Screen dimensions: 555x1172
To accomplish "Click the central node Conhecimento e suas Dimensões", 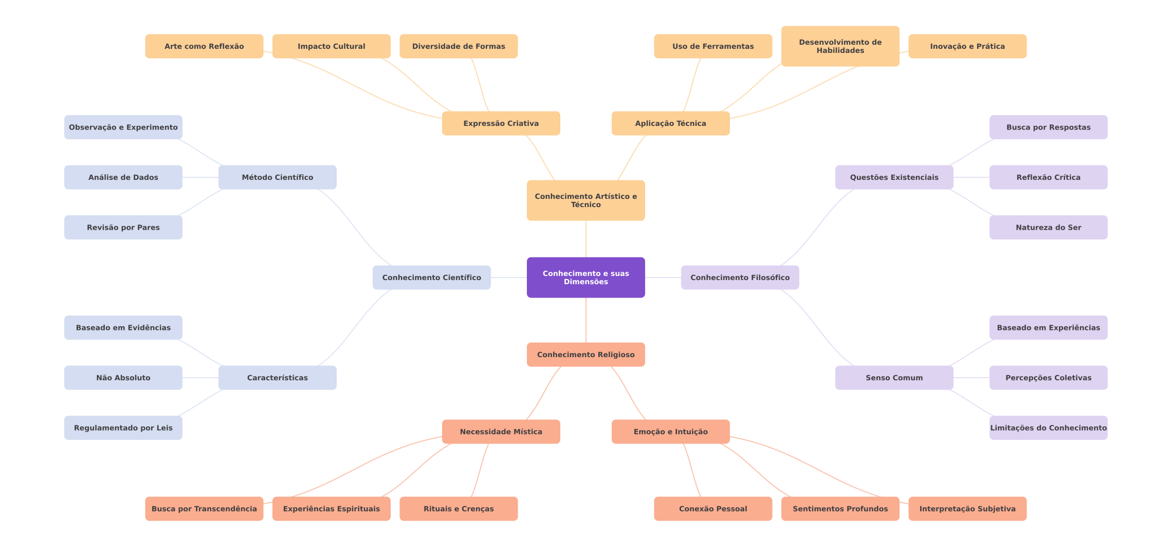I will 585,277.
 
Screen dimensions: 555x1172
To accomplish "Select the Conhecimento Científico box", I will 431,277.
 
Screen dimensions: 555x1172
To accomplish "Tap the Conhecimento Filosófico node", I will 740,277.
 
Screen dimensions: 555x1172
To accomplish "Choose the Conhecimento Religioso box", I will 585,355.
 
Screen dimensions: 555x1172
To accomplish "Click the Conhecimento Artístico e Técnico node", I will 585,200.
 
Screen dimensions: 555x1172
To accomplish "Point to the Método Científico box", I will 277,177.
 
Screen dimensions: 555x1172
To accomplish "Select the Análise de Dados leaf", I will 123,177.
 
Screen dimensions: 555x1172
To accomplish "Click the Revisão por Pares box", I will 123,227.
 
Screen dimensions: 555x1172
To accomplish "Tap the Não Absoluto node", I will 123,378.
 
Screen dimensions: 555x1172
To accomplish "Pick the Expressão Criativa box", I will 501,123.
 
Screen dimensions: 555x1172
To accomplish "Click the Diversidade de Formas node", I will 459,46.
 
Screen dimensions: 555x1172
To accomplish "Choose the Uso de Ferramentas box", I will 713,46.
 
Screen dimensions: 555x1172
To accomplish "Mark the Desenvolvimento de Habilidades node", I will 840,46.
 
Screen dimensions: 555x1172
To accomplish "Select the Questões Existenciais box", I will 894,177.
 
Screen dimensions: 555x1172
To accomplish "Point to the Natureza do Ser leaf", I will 1048,227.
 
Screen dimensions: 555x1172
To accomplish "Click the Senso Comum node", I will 894,378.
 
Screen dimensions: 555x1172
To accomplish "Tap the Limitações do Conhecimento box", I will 1048,428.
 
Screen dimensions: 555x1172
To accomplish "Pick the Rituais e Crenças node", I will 459,509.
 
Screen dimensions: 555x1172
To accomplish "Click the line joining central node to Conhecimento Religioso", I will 586,320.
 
